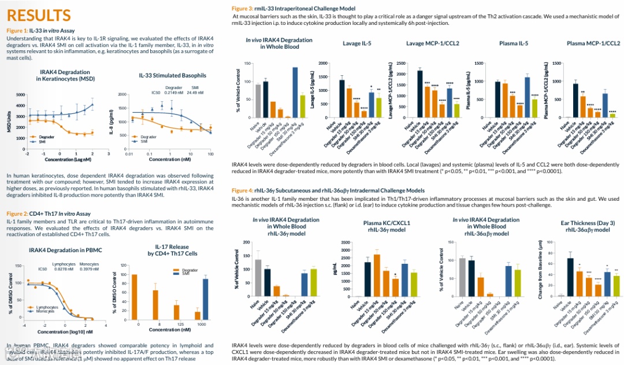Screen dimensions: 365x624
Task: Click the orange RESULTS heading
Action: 39,15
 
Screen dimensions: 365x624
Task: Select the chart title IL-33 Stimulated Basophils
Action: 172,76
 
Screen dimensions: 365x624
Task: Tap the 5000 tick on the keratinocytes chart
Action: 21,95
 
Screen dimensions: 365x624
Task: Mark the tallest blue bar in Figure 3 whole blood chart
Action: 295,93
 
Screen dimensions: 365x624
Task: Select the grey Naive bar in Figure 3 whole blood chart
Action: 258,101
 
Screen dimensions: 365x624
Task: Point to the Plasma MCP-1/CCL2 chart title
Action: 593,43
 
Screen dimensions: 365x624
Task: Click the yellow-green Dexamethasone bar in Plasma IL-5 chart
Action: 535,108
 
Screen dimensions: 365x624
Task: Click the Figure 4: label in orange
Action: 242,190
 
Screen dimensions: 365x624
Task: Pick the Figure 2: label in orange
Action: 17,214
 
